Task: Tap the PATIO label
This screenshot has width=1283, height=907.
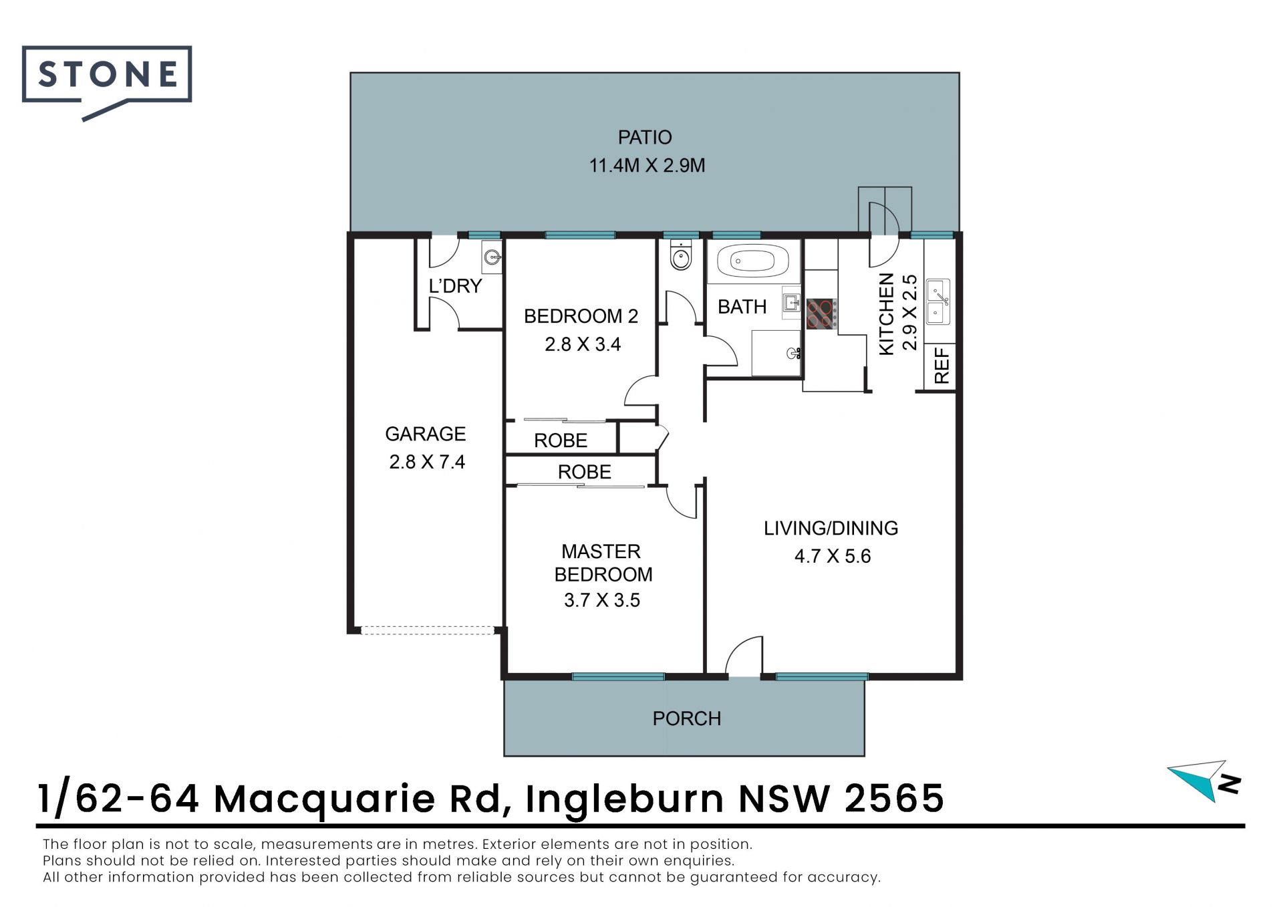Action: click(644, 138)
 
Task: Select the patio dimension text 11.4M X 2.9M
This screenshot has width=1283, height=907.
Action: click(647, 166)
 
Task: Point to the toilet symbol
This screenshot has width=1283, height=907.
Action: click(681, 255)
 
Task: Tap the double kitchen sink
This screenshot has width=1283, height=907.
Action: click(938, 301)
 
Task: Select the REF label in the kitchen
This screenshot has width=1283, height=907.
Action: click(941, 366)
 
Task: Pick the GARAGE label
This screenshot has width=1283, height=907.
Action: click(426, 434)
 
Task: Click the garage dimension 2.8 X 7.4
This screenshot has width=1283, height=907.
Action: click(427, 462)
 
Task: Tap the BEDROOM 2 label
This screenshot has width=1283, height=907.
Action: click(581, 316)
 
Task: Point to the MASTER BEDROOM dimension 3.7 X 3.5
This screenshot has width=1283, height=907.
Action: click(602, 600)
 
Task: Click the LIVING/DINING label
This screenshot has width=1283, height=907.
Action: click(831, 529)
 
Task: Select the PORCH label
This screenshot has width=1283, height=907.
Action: click(687, 719)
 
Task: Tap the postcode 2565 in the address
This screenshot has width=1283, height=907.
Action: click(894, 798)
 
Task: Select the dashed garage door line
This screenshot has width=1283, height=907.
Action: click(428, 630)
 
